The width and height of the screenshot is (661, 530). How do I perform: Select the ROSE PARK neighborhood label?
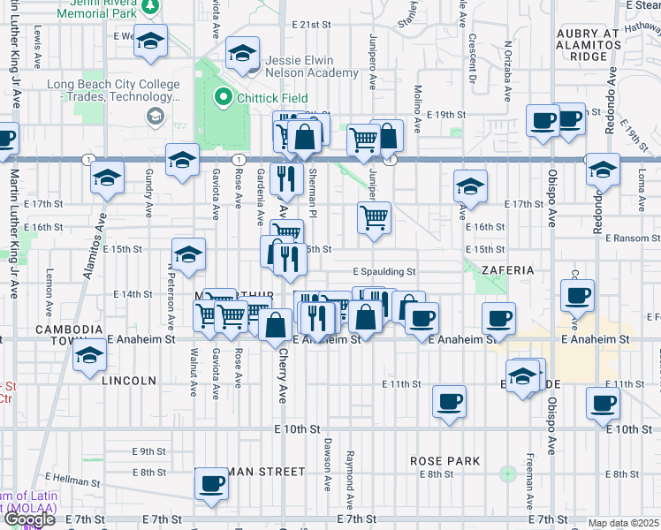[x=445, y=461]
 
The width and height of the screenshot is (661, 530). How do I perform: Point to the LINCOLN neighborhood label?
[x=129, y=381]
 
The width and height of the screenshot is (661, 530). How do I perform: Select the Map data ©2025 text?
[x=624, y=523]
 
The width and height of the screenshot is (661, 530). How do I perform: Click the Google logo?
[x=28, y=519]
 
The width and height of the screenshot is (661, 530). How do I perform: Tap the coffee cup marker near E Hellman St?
[x=211, y=485]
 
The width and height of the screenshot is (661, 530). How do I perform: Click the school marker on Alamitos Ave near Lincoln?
[x=89, y=358]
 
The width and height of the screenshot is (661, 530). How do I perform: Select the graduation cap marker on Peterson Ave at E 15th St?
[x=188, y=256]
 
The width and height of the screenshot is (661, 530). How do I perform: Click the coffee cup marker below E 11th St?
[x=449, y=402]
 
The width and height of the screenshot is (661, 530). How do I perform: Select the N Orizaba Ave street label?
[x=508, y=68]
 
